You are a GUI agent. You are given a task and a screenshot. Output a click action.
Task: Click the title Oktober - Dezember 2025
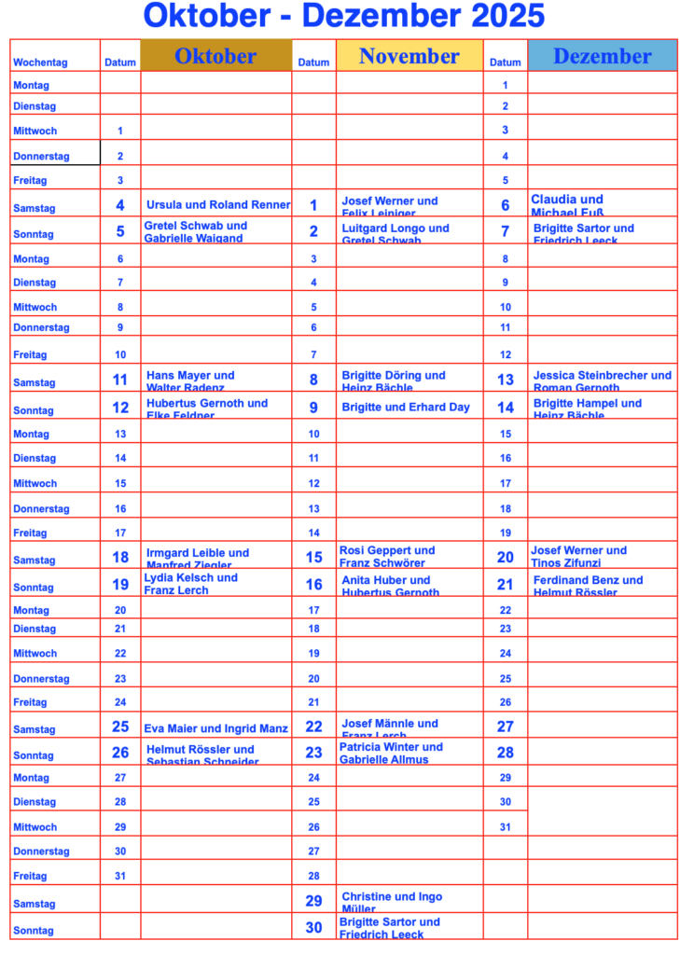pyautogui.click(x=344, y=16)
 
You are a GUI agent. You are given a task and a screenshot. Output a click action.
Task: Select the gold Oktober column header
pyautogui.click(x=215, y=56)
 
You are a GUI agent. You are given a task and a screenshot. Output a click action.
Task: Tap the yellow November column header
pyautogui.click(x=409, y=56)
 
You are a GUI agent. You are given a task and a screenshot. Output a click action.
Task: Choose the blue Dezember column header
pyautogui.click(x=602, y=56)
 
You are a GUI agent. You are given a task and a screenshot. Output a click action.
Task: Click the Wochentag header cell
pyautogui.click(x=41, y=62)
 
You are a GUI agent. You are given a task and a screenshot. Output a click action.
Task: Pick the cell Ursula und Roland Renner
pyautogui.click(x=218, y=205)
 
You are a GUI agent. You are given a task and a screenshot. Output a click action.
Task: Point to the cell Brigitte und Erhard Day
pyautogui.click(x=406, y=407)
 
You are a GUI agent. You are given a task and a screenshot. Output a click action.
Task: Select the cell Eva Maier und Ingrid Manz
pyautogui.click(x=215, y=728)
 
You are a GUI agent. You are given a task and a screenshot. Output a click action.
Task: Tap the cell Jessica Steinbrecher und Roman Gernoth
pyautogui.click(x=602, y=381)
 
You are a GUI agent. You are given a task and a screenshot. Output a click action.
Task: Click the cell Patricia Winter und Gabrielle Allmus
pyautogui.click(x=391, y=753)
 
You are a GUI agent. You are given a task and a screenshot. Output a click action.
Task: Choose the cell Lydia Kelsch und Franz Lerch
pyautogui.click(x=190, y=584)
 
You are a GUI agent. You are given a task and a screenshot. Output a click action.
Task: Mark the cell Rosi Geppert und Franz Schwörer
pyautogui.click(x=387, y=557)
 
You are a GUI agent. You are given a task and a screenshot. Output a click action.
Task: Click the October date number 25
pyautogui.click(x=120, y=727)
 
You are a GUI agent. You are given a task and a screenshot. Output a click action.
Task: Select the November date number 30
pyautogui.click(x=313, y=928)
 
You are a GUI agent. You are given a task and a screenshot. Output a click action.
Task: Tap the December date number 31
pyautogui.click(x=506, y=827)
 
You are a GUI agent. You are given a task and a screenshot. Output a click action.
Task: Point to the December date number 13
pyautogui.click(x=506, y=380)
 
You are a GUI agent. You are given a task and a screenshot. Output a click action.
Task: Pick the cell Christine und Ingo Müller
pyautogui.click(x=392, y=902)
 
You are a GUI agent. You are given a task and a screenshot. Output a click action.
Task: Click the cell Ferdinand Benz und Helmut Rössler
pyautogui.click(x=588, y=586)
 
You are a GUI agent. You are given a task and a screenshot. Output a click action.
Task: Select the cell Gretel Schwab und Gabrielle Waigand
pyautogui.click(x=195, y=231)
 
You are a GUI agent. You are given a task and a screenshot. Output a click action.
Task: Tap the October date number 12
pyautogui.click(x=120, y=408)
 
